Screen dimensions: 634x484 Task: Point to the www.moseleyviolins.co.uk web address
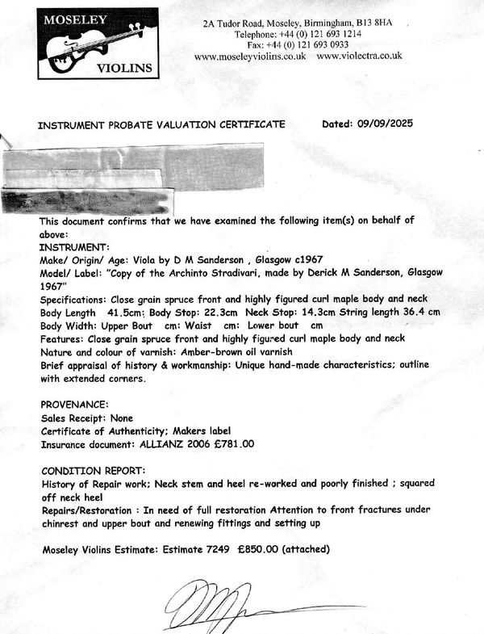[250, 57]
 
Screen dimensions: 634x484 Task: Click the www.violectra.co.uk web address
[360, 57]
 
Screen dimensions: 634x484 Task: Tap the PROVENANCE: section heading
[73, 404]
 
